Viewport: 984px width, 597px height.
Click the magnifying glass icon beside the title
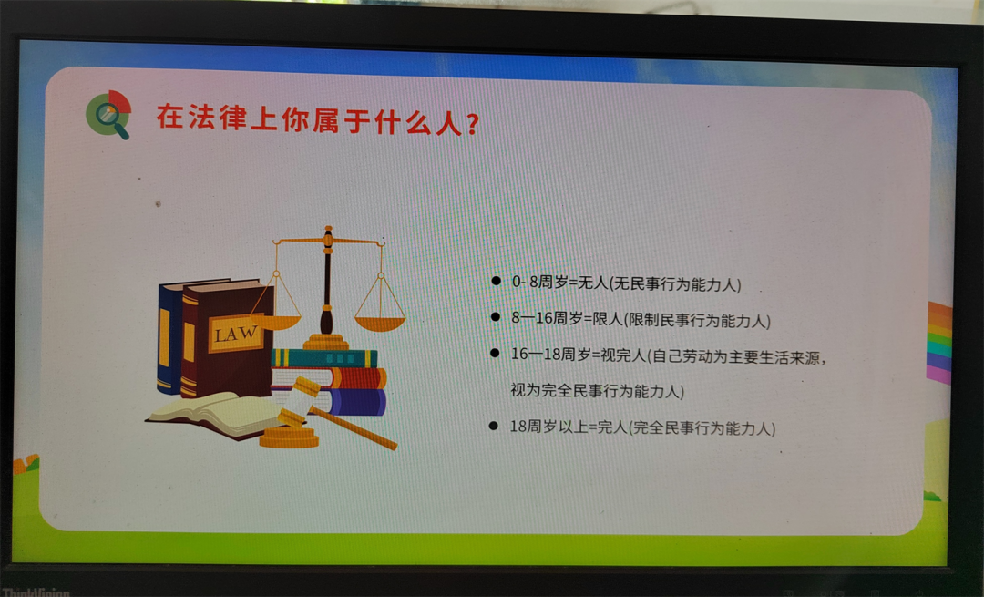click(x=109, y=114)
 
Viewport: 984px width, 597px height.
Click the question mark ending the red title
click(x=473, y=124)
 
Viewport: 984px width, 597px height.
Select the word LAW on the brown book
click(x=235, y=334)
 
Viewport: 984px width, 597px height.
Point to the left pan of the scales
click(x=276, y=322)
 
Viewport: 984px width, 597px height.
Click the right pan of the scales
click(x=380, y=324)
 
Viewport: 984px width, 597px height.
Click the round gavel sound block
click(x=290, y=437)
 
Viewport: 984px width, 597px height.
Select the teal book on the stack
click(x=324, y=358)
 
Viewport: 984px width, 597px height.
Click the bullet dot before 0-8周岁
click(x=496, y=281)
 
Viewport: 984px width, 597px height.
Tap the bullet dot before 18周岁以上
click(x=494, y=427)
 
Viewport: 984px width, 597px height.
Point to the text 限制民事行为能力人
click(x=698, y=321)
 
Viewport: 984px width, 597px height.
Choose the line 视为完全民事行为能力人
click(x=597, y=390)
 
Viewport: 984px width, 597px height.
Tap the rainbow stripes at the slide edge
click(x=939, y=343)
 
